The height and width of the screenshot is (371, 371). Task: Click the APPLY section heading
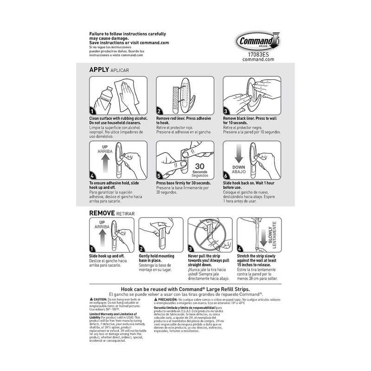coord(99,70)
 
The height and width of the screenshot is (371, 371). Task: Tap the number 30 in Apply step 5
coord(200,166)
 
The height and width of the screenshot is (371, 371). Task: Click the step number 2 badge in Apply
coord(159,111)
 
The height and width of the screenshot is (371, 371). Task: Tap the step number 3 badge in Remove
coord(191,249)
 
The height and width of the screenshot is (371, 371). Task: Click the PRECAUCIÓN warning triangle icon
coord(156,300)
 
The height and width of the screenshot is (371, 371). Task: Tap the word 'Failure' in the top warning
coord(97,34)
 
